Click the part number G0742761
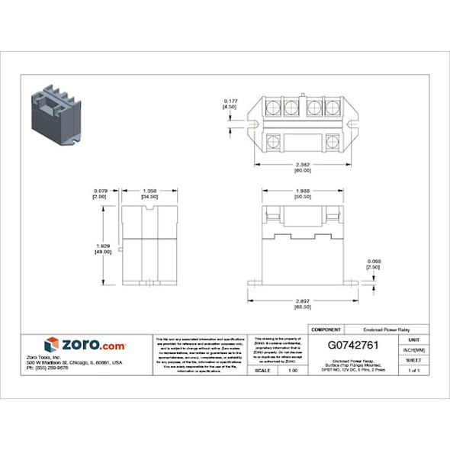pyautogui.click(x=353, y=345)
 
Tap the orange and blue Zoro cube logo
pyautogui.click(x=52, y=345)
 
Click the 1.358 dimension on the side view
pyautogui.click(x=150, y=191)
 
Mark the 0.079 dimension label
pyautogui.click(x=100, y=191)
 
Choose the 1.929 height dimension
pyautogui.click(x=101, y=245)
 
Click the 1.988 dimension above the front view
pyautogui.click(x=301, y=191)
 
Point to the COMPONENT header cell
pyautogui.click(x=327, y=328)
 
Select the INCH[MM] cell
pyautogui.click(x=413, y=349)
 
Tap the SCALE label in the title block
pyautogui.click(x=262, y=370)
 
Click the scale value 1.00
pyautogui.click(x=292, y=370)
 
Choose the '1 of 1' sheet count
pyautogui.click(x=413, y=370)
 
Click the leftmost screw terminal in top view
pyautogui.click(x=273, y=108)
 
